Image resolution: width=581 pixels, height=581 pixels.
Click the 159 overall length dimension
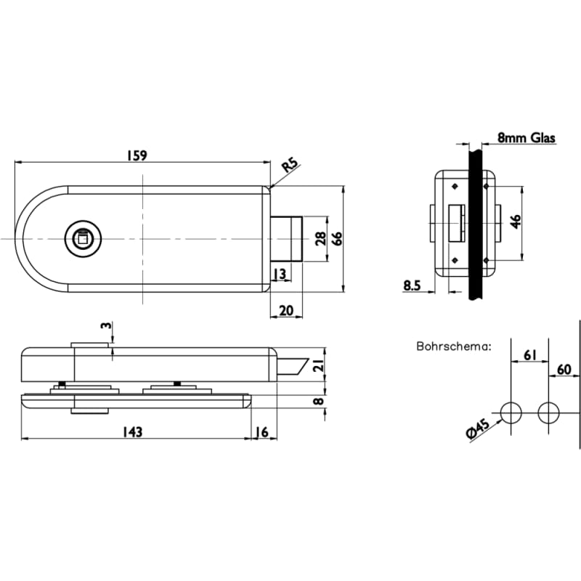click(137, 155)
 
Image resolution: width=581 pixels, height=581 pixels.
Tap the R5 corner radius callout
click(290, 166)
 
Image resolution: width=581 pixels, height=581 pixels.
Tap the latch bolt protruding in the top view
click(287, 239)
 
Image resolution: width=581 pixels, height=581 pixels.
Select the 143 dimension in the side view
click(132, 431)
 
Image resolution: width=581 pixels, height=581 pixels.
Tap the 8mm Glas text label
click(526, 137)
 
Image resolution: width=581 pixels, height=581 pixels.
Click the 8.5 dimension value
click(413, 285)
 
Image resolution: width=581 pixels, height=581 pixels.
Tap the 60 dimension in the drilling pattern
click(564, 369)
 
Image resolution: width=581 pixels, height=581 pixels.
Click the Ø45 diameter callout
click(476, 431)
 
